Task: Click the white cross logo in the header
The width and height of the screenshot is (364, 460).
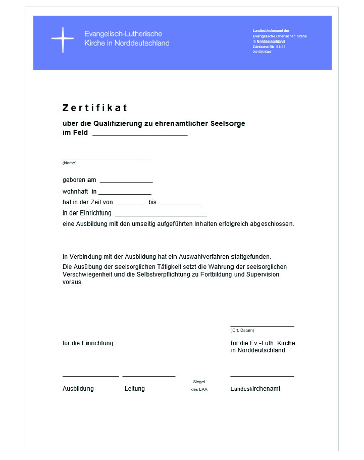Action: coord(62,40)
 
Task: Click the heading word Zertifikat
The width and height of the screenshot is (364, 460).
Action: coord(95,108)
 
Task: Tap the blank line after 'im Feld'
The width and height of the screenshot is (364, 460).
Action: coord(140,135)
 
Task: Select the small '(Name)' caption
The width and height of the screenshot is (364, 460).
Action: coord(69,163)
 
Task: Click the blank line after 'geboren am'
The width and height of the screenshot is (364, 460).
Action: coord(126,182)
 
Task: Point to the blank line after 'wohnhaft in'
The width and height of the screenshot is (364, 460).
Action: coord(125,194)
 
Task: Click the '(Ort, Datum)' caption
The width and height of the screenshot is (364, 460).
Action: coord(242,330)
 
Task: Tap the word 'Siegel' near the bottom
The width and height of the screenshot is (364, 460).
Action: coord(199,382)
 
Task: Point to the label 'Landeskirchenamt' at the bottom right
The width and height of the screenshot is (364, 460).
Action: coord(255,389)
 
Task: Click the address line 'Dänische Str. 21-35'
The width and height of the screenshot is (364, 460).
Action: coord(269,47)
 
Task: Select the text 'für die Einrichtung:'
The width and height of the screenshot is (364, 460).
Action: coord(88,343)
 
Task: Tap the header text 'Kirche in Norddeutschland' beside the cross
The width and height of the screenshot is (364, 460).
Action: coord(127,43)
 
